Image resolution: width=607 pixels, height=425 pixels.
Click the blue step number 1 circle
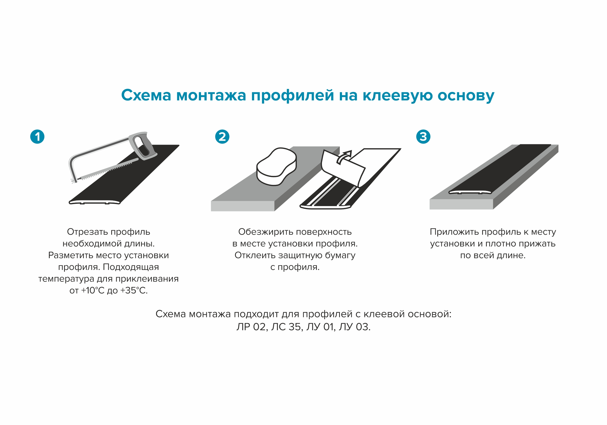(x=37, y=137)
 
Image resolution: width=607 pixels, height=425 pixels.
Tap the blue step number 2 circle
(x=222, y=137)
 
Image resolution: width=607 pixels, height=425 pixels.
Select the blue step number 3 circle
(x=423, y=137)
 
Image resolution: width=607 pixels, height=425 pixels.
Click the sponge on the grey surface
(x=276, y=167)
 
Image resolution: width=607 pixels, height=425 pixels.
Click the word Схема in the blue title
(x=146, y=95)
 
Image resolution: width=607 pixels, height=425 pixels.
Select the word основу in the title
(x=466, y=95)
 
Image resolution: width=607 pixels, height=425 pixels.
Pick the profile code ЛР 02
(x=251, y=327)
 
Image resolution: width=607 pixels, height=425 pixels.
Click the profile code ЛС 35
(x=287, y=327)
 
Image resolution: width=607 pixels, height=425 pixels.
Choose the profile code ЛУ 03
(x=354, y=327)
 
